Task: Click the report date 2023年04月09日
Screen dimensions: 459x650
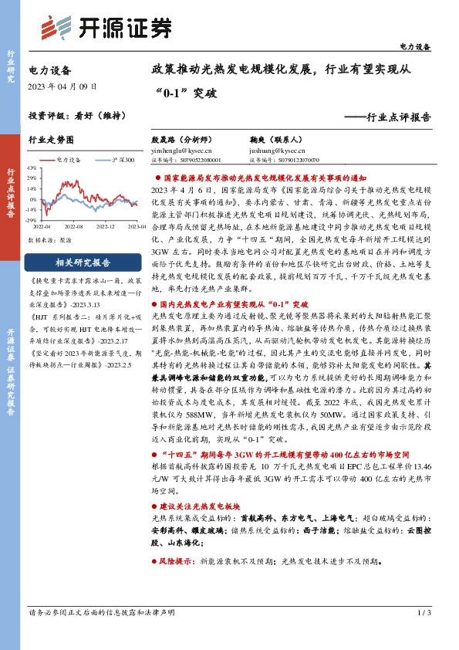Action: tap(62, 86)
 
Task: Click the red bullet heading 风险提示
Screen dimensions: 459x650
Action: tap(176, 564)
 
